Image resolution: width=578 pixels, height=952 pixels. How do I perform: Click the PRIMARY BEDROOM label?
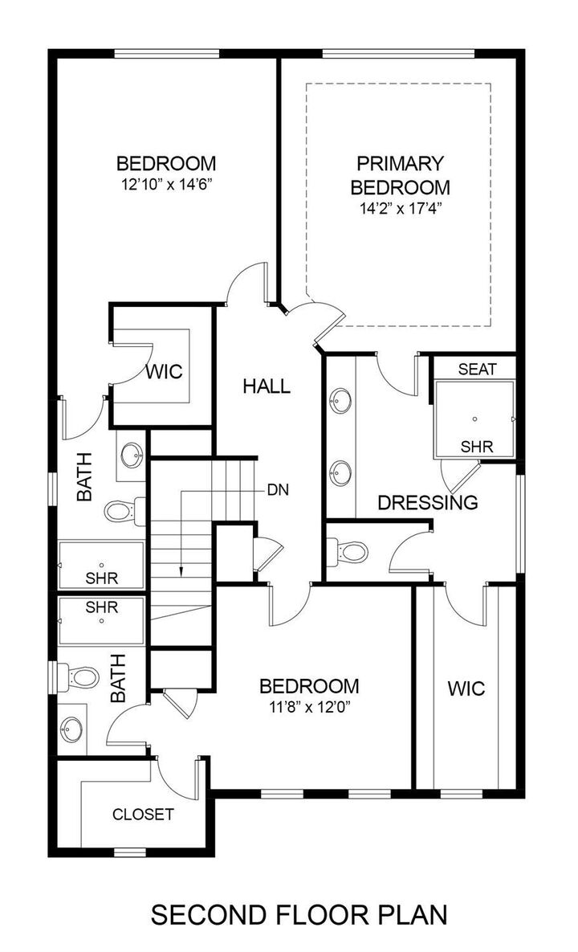point(400,175)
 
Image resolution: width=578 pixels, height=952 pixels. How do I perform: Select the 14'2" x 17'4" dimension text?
point(400,208)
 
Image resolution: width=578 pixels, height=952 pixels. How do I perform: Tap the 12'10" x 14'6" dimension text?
point(166,184)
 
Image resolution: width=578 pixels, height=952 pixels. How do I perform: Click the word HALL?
point(266,386)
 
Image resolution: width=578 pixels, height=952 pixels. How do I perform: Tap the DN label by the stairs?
point(279,488)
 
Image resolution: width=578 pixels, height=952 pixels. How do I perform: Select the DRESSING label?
point(427,503)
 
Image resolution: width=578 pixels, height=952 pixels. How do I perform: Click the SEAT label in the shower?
point(477,369)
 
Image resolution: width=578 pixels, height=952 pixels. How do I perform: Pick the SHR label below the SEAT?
point(477,446)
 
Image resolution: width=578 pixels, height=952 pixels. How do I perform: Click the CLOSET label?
point(143,814)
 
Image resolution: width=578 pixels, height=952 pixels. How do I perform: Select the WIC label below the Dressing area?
point(466,688)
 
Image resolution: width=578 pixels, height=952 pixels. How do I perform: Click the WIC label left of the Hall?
point(164,372)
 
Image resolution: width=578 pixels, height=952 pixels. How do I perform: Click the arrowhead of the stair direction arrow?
point(181,571)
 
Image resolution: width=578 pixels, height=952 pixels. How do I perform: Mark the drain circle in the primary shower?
point(475,419)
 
